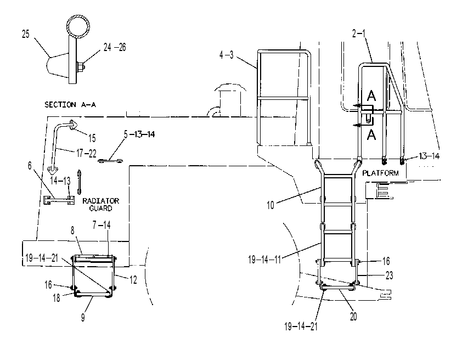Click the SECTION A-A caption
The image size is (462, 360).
click(70, 105)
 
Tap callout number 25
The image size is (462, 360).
click(26, 34)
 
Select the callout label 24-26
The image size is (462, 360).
click(115, 47)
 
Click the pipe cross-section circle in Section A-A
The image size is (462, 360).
click(78, 27)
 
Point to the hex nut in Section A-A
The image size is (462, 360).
click(81, 67)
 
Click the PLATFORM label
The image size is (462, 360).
click(380, 173)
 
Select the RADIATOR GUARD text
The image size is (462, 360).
click(101, 205)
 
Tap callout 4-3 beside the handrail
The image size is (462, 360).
click(226, 55)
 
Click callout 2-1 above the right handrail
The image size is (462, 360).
click(359, 33)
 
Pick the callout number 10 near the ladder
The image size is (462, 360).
click(271, 205)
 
